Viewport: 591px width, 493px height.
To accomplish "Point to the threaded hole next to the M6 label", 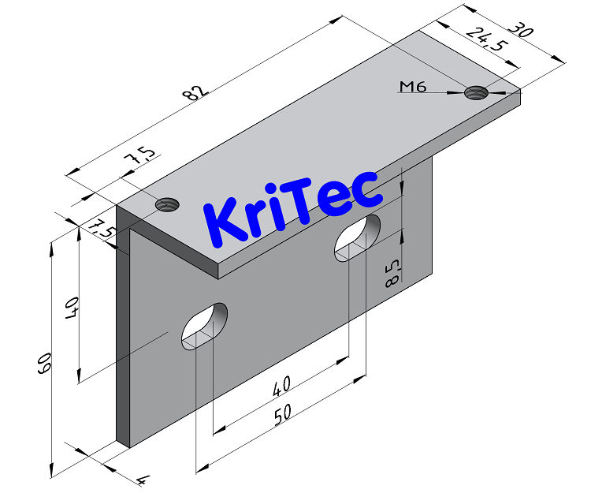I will tap(476, 92).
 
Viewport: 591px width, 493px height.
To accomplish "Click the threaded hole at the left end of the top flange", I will tap(165, 205).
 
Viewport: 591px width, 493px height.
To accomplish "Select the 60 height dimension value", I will tap(44, 364).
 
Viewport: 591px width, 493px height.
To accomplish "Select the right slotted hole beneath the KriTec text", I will tap(358, 236).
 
